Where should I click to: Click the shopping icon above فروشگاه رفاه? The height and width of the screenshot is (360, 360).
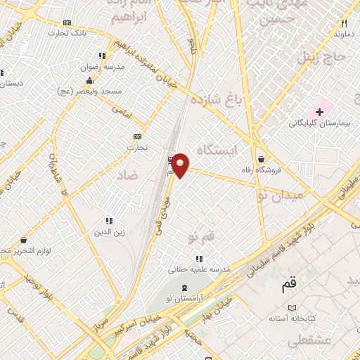262,159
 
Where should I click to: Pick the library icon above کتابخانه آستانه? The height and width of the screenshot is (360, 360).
292,308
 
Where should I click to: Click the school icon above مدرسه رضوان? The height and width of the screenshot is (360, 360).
102,56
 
